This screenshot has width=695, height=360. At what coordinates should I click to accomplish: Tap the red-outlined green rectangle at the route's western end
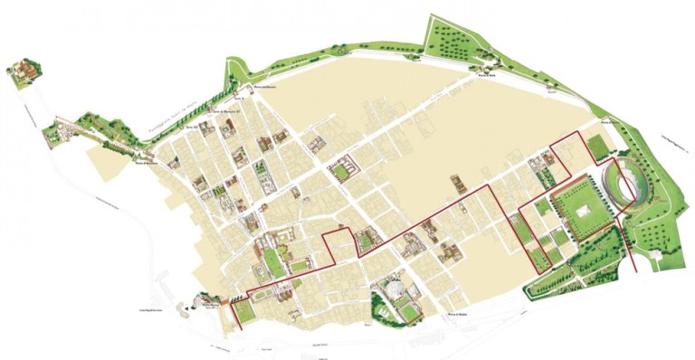click(243, 312)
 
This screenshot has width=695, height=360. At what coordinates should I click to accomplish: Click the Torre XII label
click(191, 128)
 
